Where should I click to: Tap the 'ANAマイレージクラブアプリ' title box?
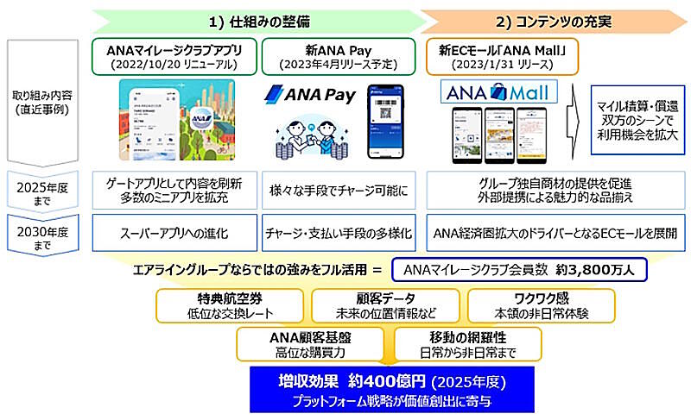[174, 53]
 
